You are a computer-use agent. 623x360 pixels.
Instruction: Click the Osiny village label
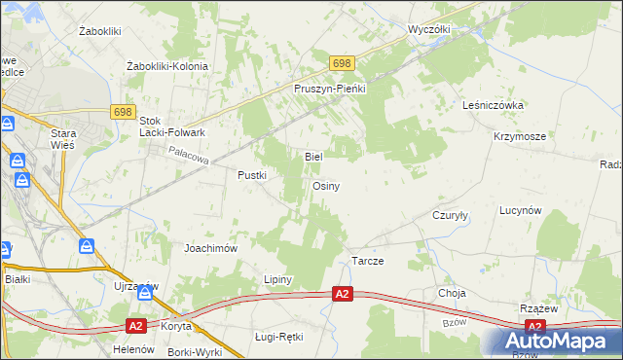(x=325, y=186)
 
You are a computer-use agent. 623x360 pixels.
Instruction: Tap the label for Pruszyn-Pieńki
(x=329, y=89)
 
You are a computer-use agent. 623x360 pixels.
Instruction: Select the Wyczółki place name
(x=429, y=29)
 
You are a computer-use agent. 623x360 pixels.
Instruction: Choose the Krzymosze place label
(x=519, y=136)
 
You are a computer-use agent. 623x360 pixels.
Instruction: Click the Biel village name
(x=313, y=156)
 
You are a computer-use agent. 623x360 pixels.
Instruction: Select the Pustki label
(x=252, y=175)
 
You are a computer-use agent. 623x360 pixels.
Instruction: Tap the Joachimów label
(x=211, y=248)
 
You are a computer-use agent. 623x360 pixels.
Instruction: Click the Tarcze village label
(x=367, y=263)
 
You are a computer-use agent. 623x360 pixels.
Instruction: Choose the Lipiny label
(x=278, y=279)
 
